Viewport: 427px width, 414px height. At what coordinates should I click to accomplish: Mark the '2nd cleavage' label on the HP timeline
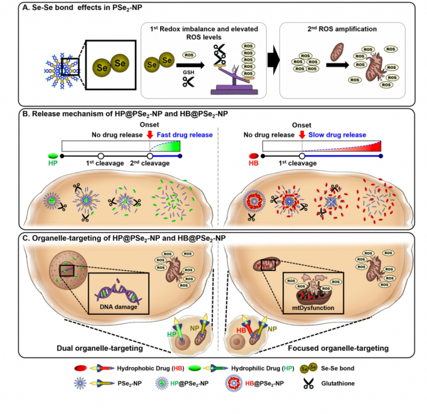tap(149, 164)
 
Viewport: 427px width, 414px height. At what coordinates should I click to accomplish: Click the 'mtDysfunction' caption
tap(310, 308)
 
